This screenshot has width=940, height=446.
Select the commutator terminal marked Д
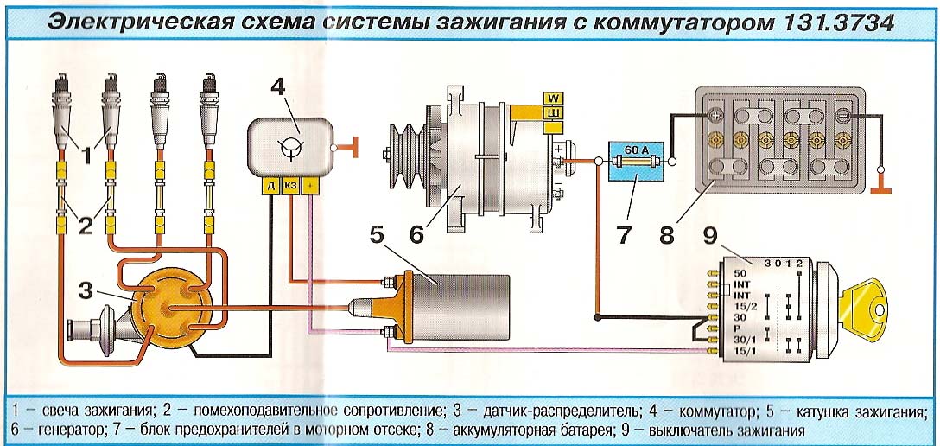click(x=271, y=187)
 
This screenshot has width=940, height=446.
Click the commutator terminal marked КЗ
click(x=290, y=187)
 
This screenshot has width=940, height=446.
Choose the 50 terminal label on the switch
click(x=739, y=273)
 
